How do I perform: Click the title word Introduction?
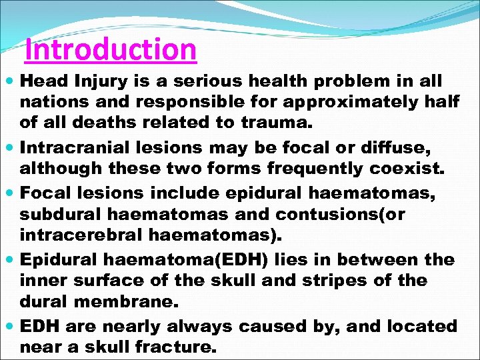point(111,49)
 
